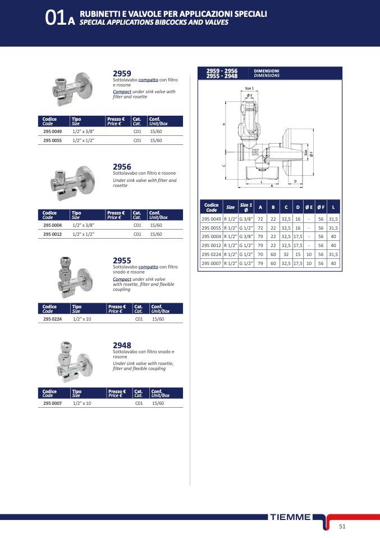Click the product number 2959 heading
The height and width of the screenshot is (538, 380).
coord(122,74)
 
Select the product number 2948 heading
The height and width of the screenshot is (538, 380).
coord(122,345)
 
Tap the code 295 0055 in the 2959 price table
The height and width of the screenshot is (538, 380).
coord(52,140)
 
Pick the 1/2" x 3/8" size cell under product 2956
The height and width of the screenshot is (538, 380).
coord(83,225)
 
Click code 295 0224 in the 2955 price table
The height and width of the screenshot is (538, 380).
coord(52,319)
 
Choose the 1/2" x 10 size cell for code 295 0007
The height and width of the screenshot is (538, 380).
coord(82,403)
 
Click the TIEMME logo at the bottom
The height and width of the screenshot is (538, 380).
coord(290,517)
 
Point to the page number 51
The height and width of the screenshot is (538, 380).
coord(342,526)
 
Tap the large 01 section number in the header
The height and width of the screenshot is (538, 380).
coord(55,18)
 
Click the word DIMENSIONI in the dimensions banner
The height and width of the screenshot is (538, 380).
coord(267,71)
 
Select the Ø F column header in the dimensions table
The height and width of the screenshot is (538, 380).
coord(321,207)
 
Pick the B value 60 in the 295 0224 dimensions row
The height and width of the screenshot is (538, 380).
coord(273,254)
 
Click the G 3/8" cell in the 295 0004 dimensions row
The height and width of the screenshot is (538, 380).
coord(246,237)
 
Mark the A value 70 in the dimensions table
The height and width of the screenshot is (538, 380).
coord(260,254)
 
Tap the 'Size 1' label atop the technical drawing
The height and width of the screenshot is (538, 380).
coord(249,89)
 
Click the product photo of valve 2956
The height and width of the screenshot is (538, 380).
coord(72,183)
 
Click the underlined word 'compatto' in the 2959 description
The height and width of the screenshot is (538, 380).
coord(148,80)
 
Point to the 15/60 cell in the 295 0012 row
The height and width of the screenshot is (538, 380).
coord(156,234)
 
